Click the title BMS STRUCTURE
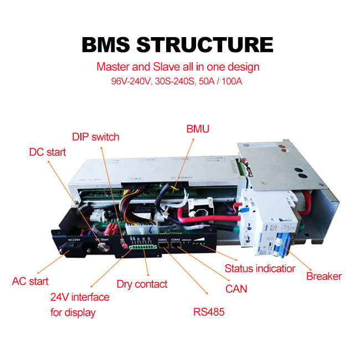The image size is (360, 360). [177, 44]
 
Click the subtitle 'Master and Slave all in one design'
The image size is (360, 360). [178, 67]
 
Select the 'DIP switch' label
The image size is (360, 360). [96, 136]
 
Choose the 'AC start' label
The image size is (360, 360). [30, 281]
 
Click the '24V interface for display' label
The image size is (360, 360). [80, 305]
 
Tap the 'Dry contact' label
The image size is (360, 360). [142, 284]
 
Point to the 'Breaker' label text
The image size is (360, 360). [324, 276]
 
